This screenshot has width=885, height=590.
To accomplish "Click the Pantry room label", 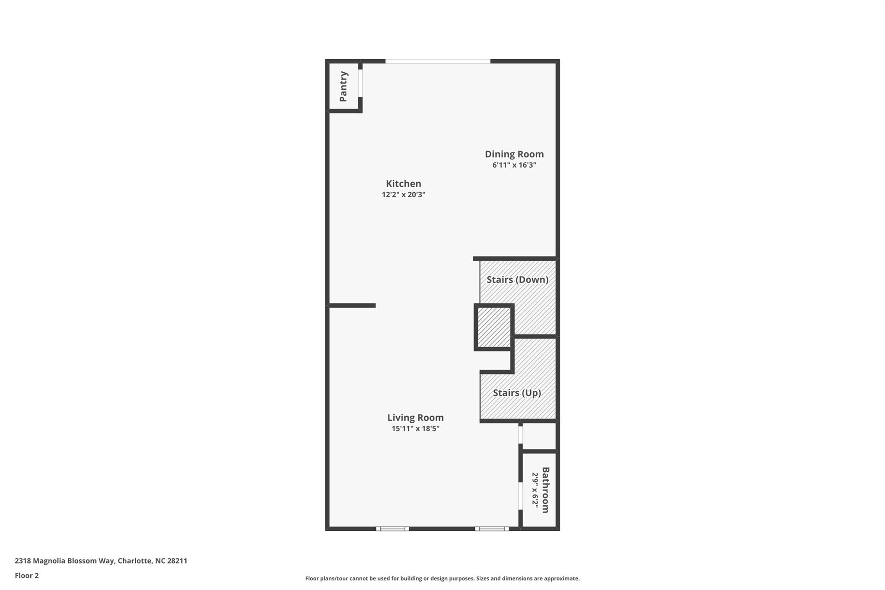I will [344, 86].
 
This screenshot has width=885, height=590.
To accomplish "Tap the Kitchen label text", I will [403, 184].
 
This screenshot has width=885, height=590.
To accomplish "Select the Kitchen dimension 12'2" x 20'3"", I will [403, 195].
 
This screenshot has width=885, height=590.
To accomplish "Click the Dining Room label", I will [514, 154].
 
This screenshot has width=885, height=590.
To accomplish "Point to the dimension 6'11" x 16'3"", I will [514, 165].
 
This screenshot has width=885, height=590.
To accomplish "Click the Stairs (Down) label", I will [517, 280].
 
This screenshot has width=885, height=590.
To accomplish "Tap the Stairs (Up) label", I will [517, 393].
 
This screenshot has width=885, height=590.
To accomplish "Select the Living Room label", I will [415, 418].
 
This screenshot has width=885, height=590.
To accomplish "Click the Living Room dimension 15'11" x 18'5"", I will [415, 429].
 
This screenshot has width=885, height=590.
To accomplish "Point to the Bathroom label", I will [545, 490].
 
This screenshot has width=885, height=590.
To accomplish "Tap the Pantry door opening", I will [360, 83].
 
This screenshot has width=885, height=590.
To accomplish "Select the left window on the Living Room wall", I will [392, 529].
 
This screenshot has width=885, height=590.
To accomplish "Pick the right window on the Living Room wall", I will [492, 529].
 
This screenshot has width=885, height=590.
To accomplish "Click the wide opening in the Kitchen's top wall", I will [438, 61].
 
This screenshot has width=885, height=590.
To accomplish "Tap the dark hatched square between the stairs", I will [494, 327].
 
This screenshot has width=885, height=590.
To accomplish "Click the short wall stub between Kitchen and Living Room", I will [352, 306].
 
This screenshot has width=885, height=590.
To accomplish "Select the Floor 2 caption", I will [27, 575].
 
